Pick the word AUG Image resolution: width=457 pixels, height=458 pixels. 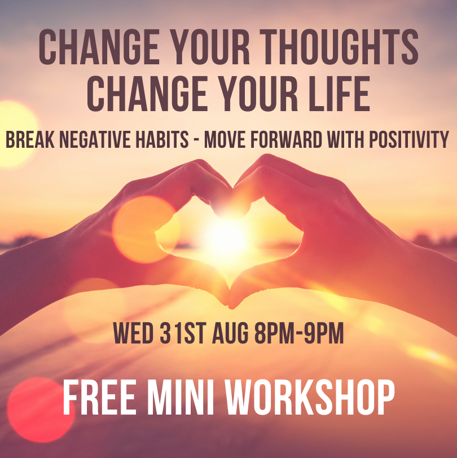point(230,334)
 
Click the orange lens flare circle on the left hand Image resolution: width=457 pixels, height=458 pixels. point(143,228)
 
